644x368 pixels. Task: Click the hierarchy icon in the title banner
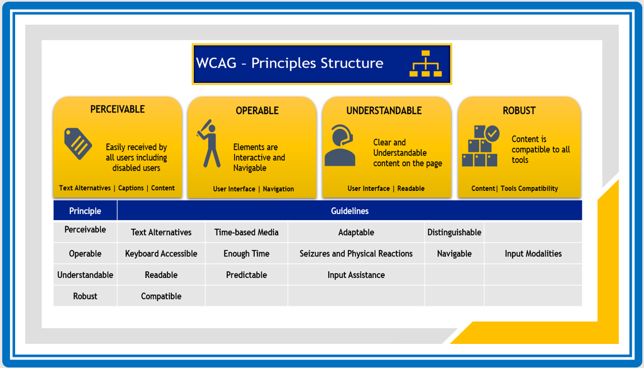point(426,64)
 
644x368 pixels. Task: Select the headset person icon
point(340,146)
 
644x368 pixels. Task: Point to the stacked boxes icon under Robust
point(480,146)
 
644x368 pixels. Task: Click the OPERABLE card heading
point(257,111)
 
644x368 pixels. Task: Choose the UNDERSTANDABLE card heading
point(384,111)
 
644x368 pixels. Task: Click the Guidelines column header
point(349,211)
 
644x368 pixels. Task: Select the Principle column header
point(85,211)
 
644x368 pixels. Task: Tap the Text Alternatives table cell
point(161,232)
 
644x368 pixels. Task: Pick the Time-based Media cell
point(246,232)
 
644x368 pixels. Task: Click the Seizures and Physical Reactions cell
point(356,254)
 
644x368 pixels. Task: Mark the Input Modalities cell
point(533,254)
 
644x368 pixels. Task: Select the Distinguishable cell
point(454,232)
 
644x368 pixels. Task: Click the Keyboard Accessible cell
point(161,254)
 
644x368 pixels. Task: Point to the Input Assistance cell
point(356,275)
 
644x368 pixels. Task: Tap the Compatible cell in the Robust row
point(161,296)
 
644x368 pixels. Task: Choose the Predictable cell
point(246,275)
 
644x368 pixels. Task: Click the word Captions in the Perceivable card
point(131,188)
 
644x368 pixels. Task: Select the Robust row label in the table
point(85,296)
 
